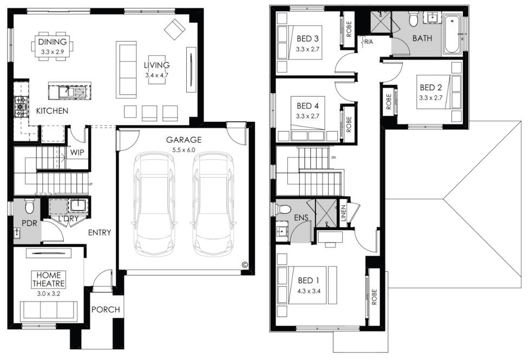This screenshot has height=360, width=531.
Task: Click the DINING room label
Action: pyautogui.click(x=53, y=42)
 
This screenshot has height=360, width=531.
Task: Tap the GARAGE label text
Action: pyautogui.click(x=183, y=140)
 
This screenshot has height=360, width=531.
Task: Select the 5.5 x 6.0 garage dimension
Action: pyautogui.click(x=183, y=150)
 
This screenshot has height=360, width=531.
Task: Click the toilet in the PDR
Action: pyautogui.click(x=29, y=206)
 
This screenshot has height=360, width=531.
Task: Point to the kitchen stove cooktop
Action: pyautogui.click(x=21, y=107)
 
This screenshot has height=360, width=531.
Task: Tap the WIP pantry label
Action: pyautogui.click(x=77, y=153)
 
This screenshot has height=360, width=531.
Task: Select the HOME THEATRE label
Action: pyautogui.click(x=49, y=279)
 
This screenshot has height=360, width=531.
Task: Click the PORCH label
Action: pyautogui.click(x=106, y=310)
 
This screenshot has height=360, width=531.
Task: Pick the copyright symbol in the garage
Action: pyautogui.click(x=245, y=265)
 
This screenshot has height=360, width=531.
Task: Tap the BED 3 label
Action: pyautogui.click(x=307, y=39)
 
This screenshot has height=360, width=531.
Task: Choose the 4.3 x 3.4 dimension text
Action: pyautogui.click(x=309, y=291)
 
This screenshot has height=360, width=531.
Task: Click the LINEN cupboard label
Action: pyautogui.click(x=344, y=213)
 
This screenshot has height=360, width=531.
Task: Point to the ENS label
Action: pyautogui.click(x=301, y=218)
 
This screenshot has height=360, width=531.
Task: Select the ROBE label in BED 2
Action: pyautogui.click(x=389, y=102)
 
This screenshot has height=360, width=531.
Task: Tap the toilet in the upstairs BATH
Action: pyautogui.click(x=414, y=18)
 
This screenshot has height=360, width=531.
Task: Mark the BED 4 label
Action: pyautogui.click(x=307, y=106)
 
